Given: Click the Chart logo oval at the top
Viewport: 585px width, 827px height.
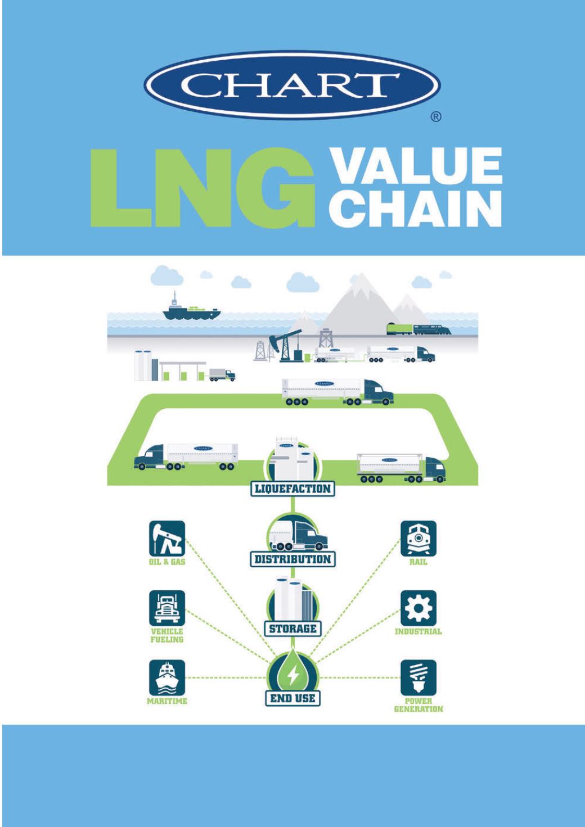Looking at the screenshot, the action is coord(292,84).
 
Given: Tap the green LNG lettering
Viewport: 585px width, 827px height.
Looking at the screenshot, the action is coord(202,188).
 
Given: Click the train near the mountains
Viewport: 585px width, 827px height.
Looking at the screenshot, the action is coord(419,328).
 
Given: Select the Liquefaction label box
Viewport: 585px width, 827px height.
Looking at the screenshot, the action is coord(292,489).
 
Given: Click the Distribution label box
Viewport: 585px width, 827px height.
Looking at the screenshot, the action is coord(292,559).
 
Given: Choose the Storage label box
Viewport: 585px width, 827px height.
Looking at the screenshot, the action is coord(292,629).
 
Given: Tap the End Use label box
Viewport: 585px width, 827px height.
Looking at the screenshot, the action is coord(292,698).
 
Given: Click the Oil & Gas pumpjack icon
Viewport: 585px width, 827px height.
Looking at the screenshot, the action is coord(167,539).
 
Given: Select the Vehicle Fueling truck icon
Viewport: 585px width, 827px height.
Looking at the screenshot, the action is coord(167,608).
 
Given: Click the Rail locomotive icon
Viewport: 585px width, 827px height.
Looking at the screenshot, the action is coord(418,539).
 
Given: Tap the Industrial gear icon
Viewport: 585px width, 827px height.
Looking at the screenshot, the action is coord(418,608).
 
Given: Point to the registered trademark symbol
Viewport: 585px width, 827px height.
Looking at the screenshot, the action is coord(436,118).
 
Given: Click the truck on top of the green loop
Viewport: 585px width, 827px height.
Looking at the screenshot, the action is coord(337,392).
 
